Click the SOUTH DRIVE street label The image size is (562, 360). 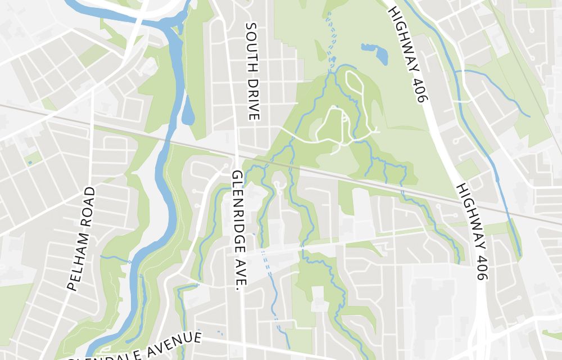[252, 71]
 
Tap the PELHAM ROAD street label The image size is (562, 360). [81, 239]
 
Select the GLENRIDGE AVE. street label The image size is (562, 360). [238, 231]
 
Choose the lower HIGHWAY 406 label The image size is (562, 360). [473, 231]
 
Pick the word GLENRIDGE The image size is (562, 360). [238, 217]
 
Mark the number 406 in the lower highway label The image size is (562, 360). [483, 265]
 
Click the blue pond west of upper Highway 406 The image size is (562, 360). [376, 52]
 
